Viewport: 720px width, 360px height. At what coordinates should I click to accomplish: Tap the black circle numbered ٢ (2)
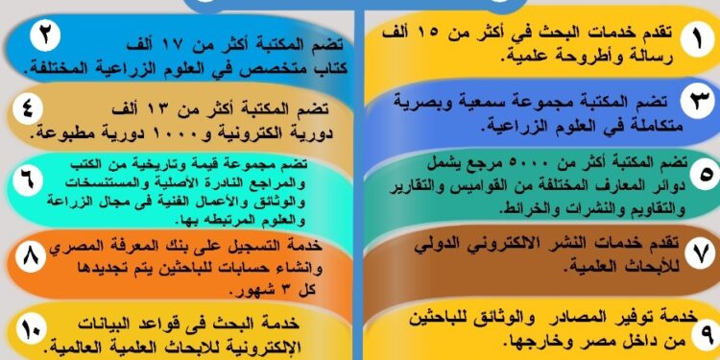point(43,36)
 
